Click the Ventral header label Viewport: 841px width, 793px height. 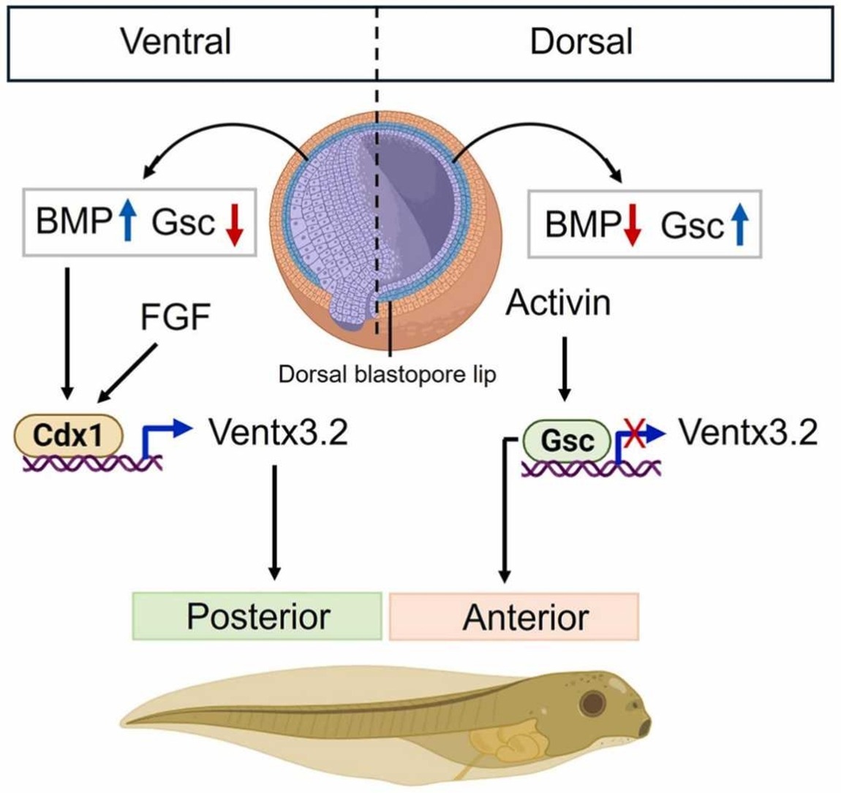(x=176, y=41)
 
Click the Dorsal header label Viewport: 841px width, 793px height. (x=581, y=41)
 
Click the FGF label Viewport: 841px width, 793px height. (x=176, y=318)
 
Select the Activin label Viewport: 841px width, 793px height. (x=558, y=302)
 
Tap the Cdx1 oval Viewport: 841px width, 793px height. (x=68, y=437)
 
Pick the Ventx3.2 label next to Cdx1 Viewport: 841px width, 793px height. (x=278, y=433)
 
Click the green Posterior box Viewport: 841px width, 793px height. (x=257, y=615)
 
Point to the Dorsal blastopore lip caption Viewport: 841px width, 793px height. (x=387, y=374)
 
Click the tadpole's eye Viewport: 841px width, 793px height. (x=592, y=704)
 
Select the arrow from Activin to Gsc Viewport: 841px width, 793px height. (x=565, y=369)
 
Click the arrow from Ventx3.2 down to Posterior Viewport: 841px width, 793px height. (x=274, y=519)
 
